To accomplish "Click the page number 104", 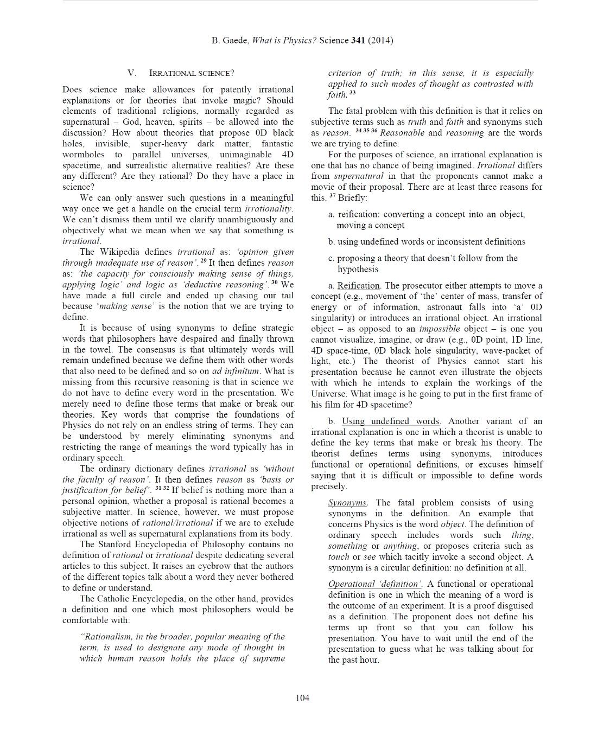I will [302, 697].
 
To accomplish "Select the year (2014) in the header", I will [380, 40].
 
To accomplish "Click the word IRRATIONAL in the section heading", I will [172, 73].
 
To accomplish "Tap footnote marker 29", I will [204, 261].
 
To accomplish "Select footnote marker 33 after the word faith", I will [353, 93].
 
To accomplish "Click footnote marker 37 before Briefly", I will [333, 196].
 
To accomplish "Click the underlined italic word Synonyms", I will [347, 503].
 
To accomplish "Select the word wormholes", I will [81, 155].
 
